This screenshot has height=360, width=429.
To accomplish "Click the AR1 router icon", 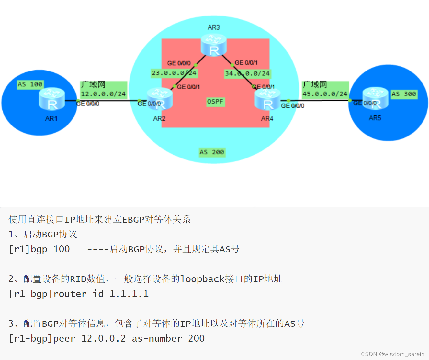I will (x=52, y=99).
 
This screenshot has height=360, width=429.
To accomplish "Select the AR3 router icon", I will (x=214, y=45).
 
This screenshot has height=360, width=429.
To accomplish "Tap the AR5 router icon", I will (x=375, y=98).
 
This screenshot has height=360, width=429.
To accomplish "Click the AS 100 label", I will (x=30, y=84).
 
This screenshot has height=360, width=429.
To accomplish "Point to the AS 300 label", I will (x=404, y=94).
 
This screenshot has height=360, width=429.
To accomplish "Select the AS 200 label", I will (x=212, y=152).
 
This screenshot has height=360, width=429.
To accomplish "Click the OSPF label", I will (x=215, y=102).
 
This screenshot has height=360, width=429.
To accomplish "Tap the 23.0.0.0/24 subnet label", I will (x=174, y=73).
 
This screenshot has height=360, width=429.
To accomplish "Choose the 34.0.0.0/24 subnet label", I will (x=247, y=73).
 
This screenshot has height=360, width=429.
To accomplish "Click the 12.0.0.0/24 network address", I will (x=103, y=94).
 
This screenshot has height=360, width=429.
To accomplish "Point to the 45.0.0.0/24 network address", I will (x=325, y=94).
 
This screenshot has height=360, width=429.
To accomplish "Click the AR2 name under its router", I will (x=159, y=119).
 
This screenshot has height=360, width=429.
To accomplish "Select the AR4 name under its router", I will (x=267, y=119).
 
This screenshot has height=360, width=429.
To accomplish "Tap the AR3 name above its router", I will (x=214, y=27).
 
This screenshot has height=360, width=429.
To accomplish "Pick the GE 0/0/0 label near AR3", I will (x=179, y=63).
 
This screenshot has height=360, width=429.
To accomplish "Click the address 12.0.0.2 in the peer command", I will (x=103, y=338).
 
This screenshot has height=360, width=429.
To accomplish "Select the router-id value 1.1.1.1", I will (x=129, y=294).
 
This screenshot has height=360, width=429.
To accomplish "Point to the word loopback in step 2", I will (x=202, y=279).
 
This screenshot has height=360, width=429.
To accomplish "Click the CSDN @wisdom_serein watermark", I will (x=392, y=354).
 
